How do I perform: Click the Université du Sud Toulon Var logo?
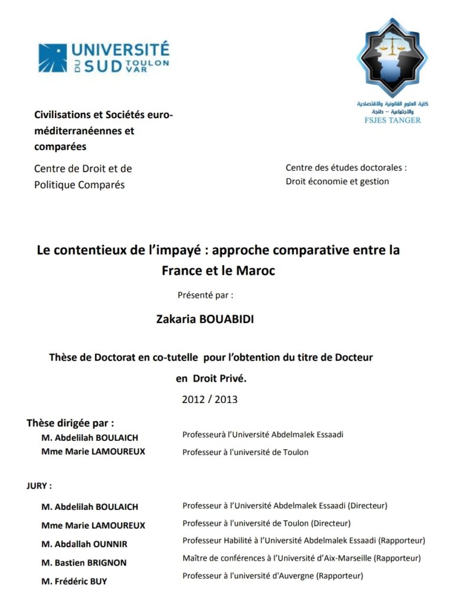coord(103,57)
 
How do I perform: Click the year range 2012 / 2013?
coord(210,399)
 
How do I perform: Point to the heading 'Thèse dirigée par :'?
coord(70,423)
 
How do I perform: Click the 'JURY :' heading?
coord(39,486)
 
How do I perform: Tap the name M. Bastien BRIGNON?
coord(84,562)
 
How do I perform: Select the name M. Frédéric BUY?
coord(74,581)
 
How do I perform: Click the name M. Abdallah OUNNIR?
coord(84,544)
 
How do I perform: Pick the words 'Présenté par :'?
coord(205,294)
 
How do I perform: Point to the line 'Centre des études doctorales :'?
coord(346,168)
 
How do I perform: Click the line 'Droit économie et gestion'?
coord(337,181)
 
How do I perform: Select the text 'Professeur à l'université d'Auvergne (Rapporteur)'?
coord(273,575)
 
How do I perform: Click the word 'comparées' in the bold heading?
coord(60,147)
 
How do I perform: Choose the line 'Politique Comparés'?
coord(79,185)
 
